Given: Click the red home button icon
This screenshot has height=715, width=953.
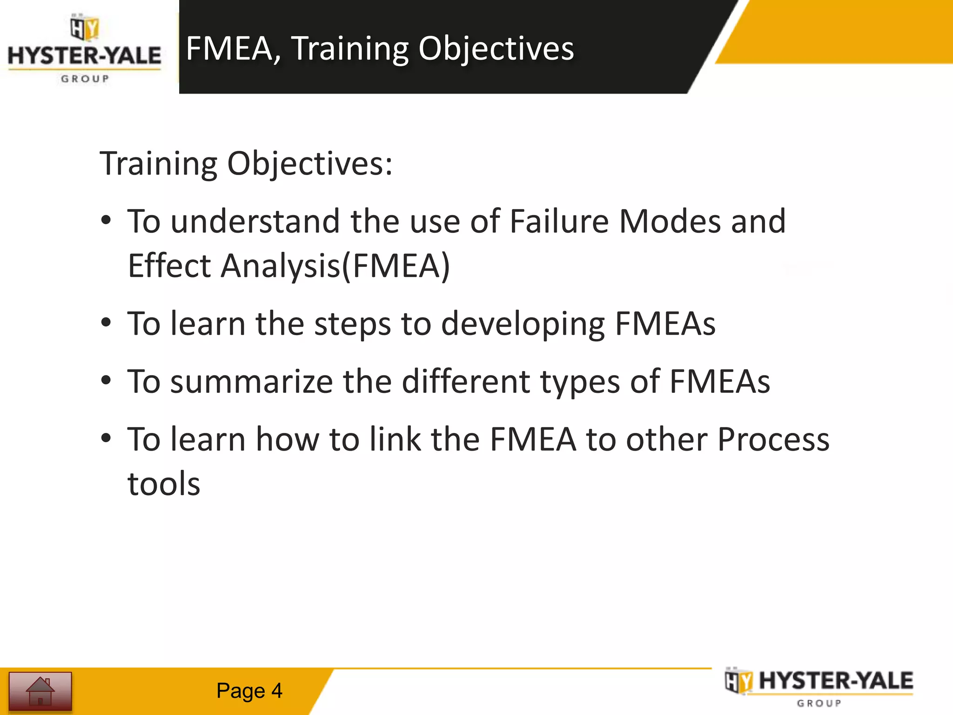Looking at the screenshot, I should (x=40, y=691).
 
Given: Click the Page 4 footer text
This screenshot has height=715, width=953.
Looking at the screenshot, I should (x=249, y=691).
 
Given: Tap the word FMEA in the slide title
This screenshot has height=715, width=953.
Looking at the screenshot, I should (x=229, y=48).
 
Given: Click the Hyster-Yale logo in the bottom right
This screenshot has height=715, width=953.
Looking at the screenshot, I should (x=819, y=687).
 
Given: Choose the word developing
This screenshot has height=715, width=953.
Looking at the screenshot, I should (x=523, y=324).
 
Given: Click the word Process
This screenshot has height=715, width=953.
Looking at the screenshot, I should (x=773, y=440).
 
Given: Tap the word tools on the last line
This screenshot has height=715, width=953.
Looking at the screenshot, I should (x=164, y=484).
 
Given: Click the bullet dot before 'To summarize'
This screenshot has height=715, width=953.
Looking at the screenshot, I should (x=106, y=381).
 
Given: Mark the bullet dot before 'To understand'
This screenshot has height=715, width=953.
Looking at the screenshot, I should (x=106, y=221).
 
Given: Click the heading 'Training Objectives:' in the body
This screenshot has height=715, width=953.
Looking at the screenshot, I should (x=246, y=164).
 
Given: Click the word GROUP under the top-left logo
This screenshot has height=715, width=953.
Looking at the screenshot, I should (x=85, y=79).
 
